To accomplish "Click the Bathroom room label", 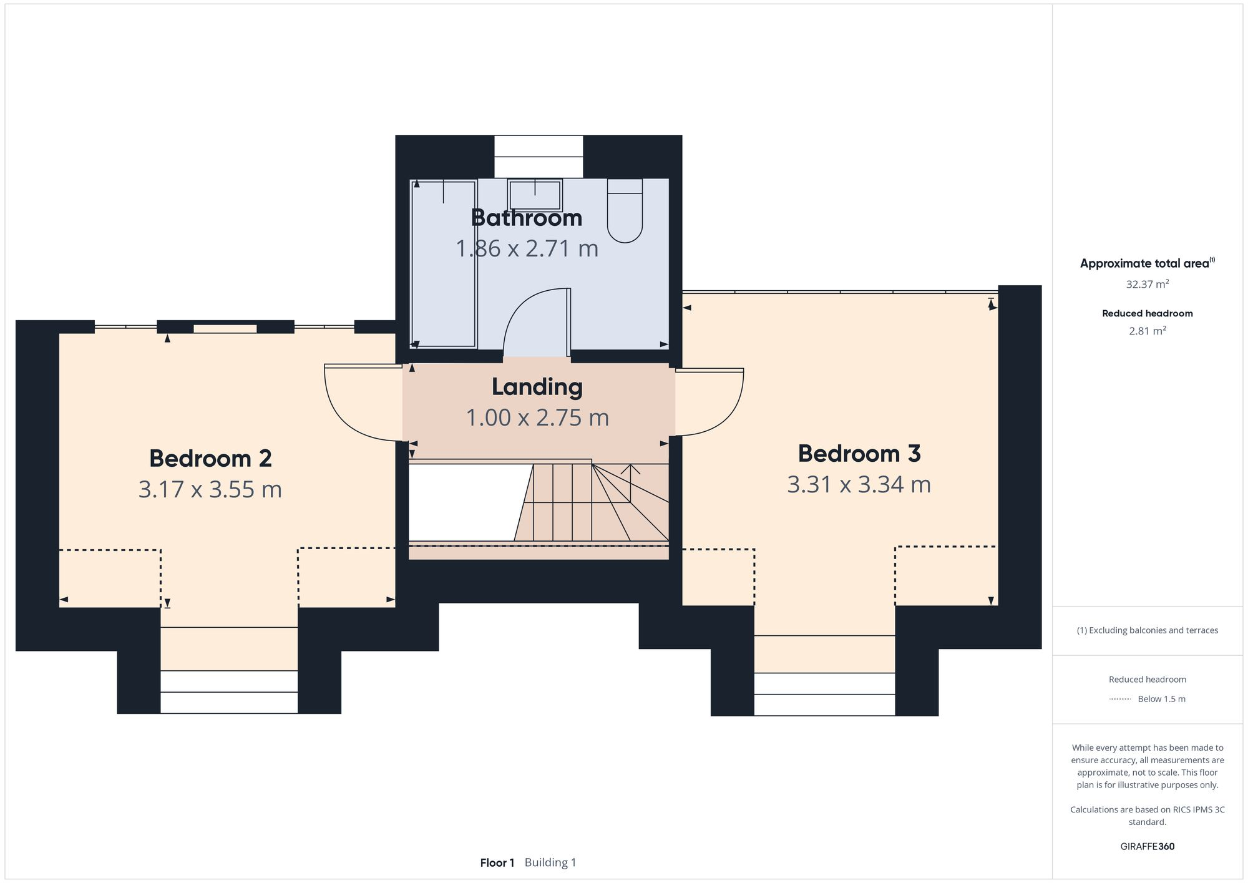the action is pyautogui.click(x=527, y=218).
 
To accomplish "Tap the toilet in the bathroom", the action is pyautogui.click(x=625, y=210).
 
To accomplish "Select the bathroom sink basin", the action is pyautogui.click(x=535, y=195).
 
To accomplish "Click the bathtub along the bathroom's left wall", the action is pyautogui.click(x=444, y=263).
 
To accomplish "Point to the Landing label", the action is pyautogui.click(x=537, y=388).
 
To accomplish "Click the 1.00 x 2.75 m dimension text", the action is pyautogui.click(x=537, y=417).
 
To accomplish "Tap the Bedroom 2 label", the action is pyautogui.click(x=210, y=459).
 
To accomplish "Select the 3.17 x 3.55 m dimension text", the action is pyautogui.click(x=210, y=489).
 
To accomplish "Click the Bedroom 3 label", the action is pyautogui.click(x=859, y=454).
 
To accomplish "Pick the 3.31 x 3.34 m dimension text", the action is pyautogui.click(x=859, y=484).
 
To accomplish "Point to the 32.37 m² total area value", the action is pyautogui.click(x=1148, y=284).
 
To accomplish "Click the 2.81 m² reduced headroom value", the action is pyautogui.click(x=1148, y=331).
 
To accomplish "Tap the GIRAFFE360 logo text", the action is pyautogui.click(x=1148, y=847).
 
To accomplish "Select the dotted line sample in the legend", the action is pyautogui.click(x=1120, y=700).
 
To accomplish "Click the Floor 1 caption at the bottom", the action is pyautogui.click(x=497, y=863).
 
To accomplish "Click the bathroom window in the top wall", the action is pyautogui.click(x=539, y=157).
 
